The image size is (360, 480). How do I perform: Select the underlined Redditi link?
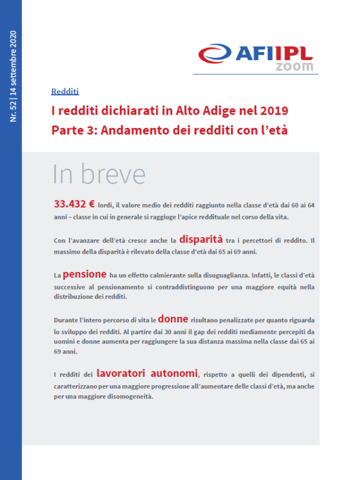click(x=65, y=92)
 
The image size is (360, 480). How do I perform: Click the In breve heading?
click(x=99, y=173)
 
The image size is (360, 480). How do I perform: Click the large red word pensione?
click(x=85, y=274)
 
